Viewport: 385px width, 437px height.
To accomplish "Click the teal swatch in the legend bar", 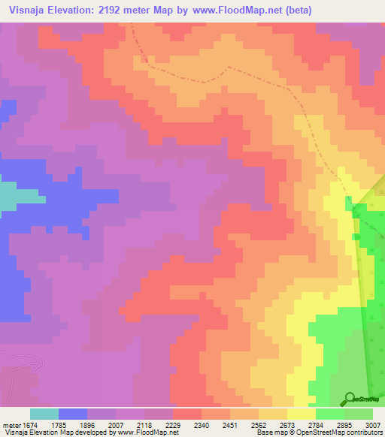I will click(x=44, y=414).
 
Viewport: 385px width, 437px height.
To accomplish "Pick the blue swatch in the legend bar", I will click(x=73, y=414).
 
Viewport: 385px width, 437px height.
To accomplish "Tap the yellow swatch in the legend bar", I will click(x=302, y=414).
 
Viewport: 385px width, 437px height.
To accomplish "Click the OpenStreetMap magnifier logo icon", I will click(x=350, y=398).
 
